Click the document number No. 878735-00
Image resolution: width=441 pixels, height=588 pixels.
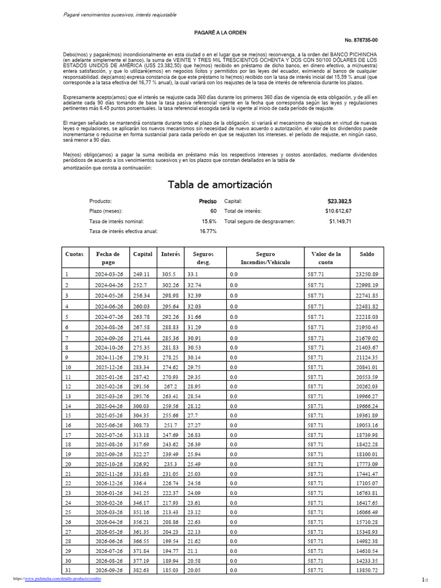coord(361,40)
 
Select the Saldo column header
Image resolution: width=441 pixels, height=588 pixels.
coord(367,254)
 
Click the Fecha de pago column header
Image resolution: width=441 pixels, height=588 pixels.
coord(108,258)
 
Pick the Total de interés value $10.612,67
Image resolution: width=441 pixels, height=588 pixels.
coord(338,211)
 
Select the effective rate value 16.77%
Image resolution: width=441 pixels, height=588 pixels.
coord(208,231)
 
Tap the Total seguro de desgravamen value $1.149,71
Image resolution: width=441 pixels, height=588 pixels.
coord(340,221)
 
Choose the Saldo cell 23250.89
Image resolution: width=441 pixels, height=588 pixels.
coord(367,274)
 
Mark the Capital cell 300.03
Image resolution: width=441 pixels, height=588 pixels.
coord(141,406)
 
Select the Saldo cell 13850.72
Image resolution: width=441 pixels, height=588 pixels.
coord(367,570)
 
